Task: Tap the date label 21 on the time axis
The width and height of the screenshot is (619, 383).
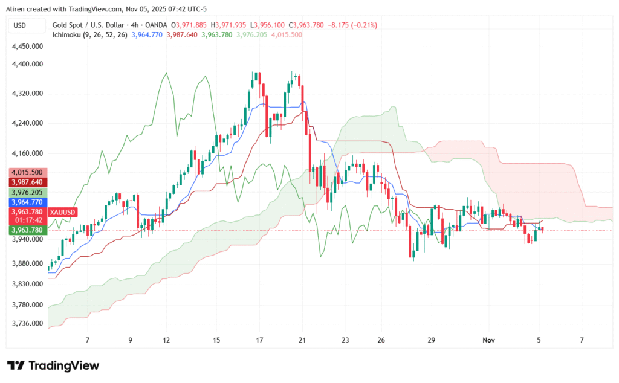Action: coord(302,340)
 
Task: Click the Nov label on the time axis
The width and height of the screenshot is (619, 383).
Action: coord(489,340)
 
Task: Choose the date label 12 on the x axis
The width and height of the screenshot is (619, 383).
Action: coord(166,340)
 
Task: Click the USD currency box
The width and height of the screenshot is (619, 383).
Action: coord(27,25)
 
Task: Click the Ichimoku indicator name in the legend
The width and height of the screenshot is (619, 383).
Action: coord(66,34)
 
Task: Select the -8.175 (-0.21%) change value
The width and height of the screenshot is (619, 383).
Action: coord(352,25)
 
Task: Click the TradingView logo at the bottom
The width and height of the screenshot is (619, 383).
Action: coord(53,365)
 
